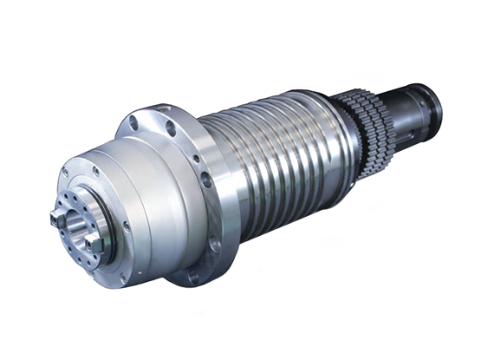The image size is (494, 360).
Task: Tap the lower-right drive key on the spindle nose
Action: click(x=94, y=246)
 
